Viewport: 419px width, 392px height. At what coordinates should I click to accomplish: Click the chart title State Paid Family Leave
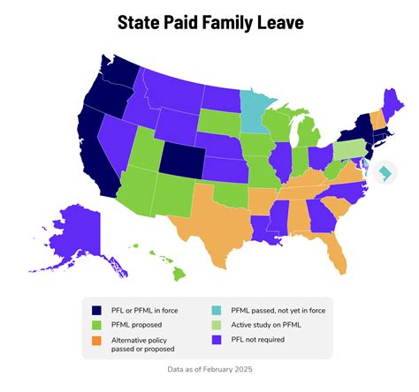pos(209,22)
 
